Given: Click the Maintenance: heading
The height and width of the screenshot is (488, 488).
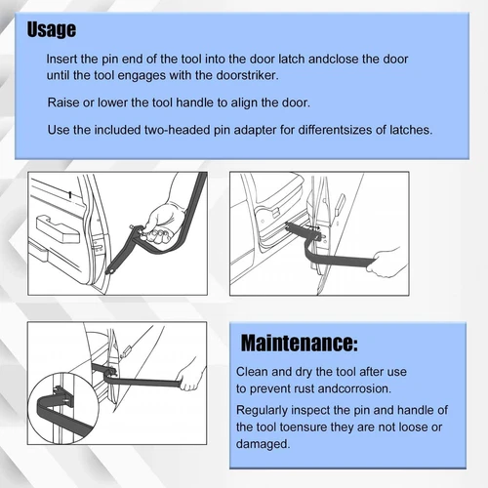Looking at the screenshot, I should tap(299, 344).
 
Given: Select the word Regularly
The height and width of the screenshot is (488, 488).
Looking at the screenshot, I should tap(267, 411).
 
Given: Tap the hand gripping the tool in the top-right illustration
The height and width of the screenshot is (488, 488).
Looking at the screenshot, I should tap(391, 261).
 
